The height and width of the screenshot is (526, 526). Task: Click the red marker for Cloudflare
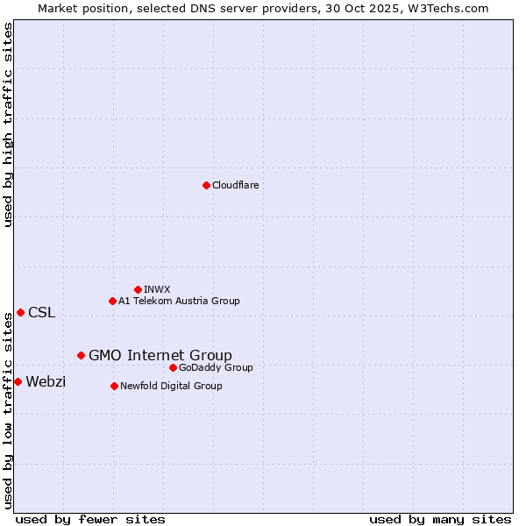(x=206, y=185)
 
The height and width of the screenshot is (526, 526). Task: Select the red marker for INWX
(x=138, y=289)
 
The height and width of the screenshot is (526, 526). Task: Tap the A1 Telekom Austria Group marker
(x=112, y=301)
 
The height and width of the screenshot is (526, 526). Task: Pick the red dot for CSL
(x=20, y=312)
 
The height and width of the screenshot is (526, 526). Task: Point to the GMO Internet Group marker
(x=81, y=355)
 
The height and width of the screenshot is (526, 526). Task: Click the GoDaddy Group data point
(x=173, y=367)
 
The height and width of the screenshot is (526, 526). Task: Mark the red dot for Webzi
(x=18, y=381)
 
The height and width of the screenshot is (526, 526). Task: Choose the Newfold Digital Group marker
(x=114, y=386)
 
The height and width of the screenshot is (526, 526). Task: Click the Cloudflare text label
(x=236, y=185)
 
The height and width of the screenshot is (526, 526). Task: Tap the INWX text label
(x=157, y=289)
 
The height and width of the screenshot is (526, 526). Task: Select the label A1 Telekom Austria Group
(x=179, y=301)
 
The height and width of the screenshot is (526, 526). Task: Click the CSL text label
(x=41, y=313)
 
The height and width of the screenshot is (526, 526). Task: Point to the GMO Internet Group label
(x=160, y=355)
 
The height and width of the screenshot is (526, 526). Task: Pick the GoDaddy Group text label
(x=216, y=367)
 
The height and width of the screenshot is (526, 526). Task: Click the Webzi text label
(x=46, y=381)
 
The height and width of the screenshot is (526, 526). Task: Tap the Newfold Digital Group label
(x=171, y=386)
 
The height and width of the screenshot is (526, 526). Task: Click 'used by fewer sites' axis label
(x=90, y=519)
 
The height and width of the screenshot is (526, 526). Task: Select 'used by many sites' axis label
(x=440, y=519)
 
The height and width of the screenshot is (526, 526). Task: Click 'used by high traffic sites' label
(x=8, y=124)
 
